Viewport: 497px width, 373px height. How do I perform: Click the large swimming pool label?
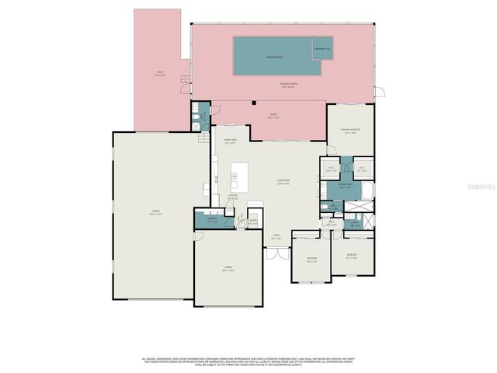275,58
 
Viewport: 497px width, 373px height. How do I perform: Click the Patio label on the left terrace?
159,75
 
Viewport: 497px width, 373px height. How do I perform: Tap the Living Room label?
283,183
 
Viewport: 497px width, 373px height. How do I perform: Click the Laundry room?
211,219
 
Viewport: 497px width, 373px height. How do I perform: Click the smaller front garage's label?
228,269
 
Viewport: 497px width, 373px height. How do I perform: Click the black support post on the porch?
255,103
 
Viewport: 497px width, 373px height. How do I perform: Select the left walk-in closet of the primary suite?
331,169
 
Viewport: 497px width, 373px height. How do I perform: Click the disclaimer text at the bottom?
248,361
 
